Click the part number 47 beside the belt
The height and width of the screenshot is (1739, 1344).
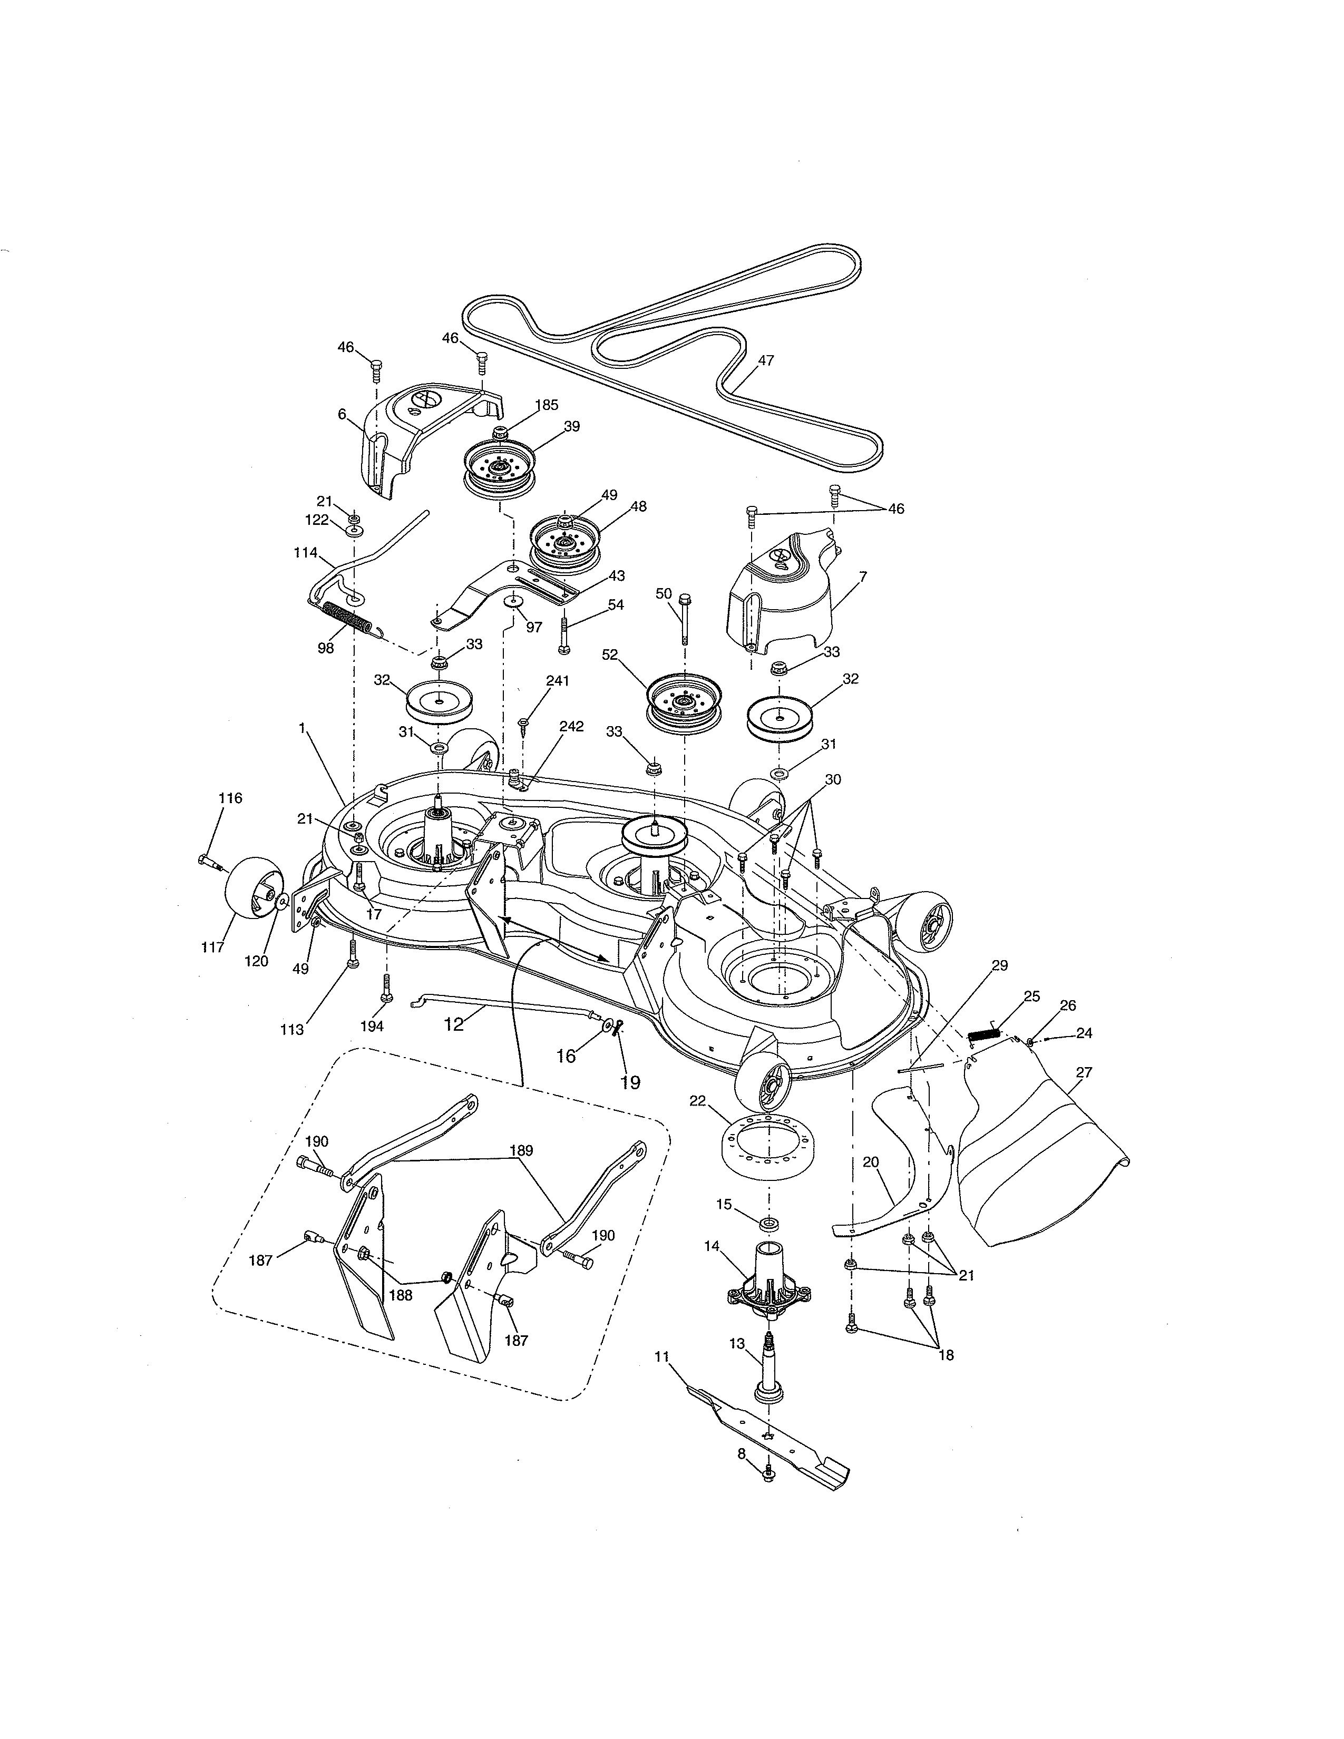[765, 360]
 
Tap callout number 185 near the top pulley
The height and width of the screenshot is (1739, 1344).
[546, 405]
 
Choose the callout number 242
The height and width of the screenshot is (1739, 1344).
[571, 727]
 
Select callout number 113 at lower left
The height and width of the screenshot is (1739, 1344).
[291, 1030]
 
